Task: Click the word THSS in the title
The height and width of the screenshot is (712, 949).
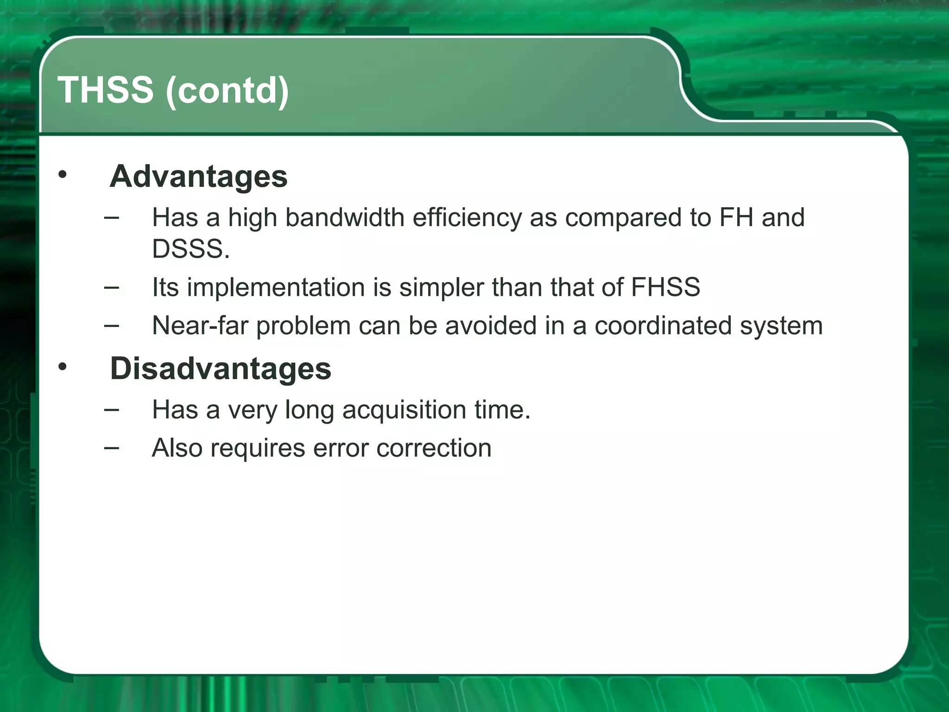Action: click(x=105, y=90)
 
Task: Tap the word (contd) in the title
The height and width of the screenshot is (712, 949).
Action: click(x=227, y=91)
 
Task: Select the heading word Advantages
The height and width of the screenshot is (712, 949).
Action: click(x=198, y=177)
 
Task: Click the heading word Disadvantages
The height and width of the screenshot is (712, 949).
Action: click(x=221, y=369)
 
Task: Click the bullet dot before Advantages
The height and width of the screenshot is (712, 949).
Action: click(x=63, y=175)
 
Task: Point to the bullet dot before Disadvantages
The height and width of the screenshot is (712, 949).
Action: click(x=63, y=367)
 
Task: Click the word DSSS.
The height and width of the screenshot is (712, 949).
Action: click(x=190, y=249)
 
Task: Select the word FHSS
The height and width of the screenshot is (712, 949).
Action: click(x=665, y=287)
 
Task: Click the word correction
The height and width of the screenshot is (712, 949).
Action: click(x=434, y=448)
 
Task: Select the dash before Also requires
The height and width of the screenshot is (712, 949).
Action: click(x=111, y=448)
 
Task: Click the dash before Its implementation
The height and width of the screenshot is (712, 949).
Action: click(x=111, y=287)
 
